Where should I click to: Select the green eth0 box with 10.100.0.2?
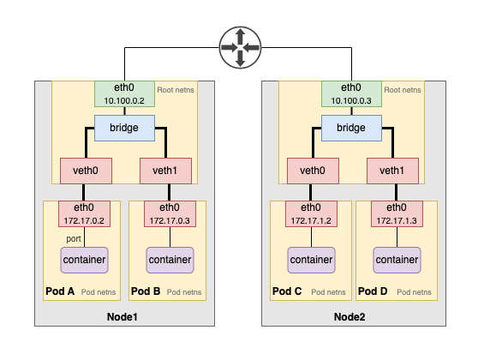tap(124, 93)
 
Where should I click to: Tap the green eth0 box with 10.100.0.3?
tap(351, 93)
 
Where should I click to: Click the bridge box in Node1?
tap(124, 128)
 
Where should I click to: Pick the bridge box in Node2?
tap(351, 128)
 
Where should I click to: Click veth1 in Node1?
tap(164, 171)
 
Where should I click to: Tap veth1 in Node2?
tap(391, 171)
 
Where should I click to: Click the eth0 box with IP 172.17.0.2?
tap(84, 213)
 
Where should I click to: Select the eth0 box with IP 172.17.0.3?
tap(170, 213)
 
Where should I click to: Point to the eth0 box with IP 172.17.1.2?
tap(311, 213)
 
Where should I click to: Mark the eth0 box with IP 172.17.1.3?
tap(397, 213)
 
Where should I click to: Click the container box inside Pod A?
tap(84, 259)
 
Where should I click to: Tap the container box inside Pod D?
tap(397, 259)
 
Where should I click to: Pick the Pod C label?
tap(287, 291)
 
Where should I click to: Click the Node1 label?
tap(124, 317)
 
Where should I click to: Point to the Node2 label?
tap(351, 317)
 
